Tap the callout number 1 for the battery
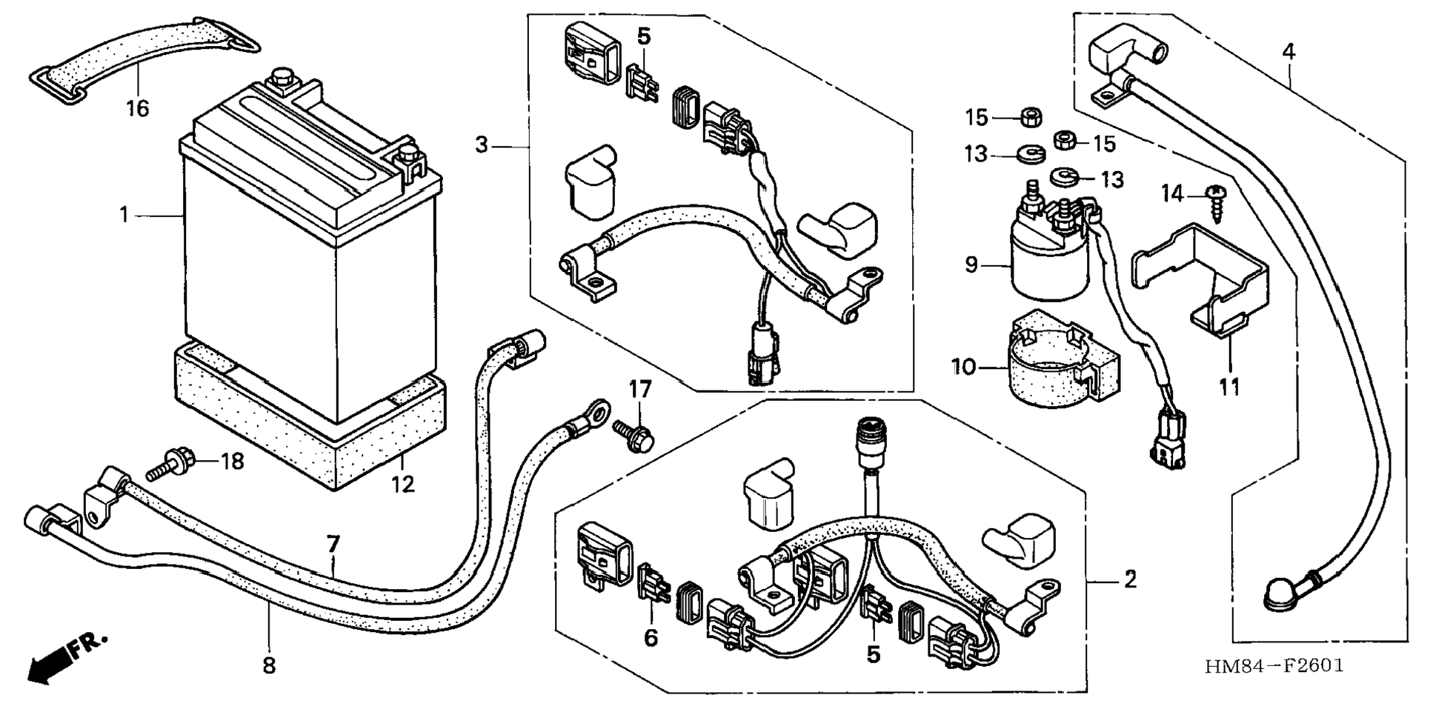124,215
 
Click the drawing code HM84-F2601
1274,665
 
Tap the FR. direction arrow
63,659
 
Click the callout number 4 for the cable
1289,52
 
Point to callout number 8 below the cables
269,665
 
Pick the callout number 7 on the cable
333,545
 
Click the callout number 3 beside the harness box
482,145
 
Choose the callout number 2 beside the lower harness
1130,579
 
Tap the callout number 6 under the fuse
651,637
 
